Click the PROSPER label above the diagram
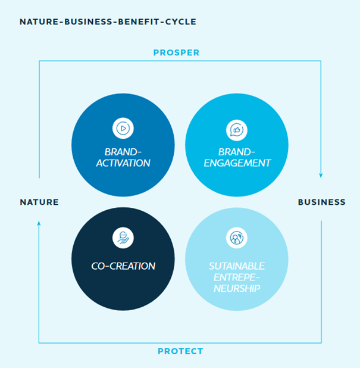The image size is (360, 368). point(176,52)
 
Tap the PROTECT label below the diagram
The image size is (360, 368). point(180,351)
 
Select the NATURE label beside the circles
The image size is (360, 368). point(39,202)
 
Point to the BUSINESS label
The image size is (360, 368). point(321,202)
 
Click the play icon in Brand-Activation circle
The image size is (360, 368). point(123,129)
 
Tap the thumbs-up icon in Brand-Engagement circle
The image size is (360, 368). point(237,130)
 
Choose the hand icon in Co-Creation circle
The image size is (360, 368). point(123,238)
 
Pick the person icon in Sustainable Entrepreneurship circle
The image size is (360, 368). point(237,238)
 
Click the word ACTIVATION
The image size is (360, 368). point(123,163)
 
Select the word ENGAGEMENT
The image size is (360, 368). point(237,163)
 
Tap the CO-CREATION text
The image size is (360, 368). point(123,266)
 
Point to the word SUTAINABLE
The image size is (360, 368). point(237,266)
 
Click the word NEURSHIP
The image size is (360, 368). point(237,288)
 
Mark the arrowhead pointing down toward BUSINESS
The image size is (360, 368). point(321,175)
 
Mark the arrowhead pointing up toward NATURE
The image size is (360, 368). point(39,223)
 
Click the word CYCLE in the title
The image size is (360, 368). point(181,22)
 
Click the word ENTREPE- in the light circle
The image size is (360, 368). point(237,277)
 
